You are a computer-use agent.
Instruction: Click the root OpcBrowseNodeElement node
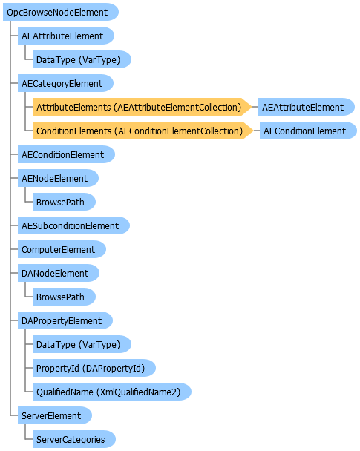[61, 12]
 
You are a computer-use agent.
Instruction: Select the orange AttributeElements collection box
[143, 107]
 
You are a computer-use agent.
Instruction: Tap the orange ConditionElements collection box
[143, 131]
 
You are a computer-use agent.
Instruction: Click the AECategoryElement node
[65, 83]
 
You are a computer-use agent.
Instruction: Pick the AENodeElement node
[58, 178]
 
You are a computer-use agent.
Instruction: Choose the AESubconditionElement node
[73, 225]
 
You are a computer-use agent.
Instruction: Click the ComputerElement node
[62, 249]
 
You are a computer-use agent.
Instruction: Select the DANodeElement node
[59, 273]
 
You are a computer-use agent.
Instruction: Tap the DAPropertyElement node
[65, 320]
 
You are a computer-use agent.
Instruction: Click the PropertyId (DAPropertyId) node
[94, 368]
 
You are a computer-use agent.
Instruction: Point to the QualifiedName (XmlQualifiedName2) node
[112, 392]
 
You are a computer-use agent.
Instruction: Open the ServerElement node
[55, 415]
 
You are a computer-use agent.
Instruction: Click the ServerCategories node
[74, 439]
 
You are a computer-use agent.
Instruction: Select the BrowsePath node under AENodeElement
[64, 202]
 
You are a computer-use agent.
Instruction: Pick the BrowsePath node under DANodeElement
[64, 297]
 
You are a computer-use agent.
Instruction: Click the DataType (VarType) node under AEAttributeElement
[82, 59]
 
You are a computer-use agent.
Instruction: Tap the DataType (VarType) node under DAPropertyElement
[82, 344]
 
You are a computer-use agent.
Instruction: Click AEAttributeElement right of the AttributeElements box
[307, 107]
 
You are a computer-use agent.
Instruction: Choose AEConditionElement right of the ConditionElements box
[308, 131]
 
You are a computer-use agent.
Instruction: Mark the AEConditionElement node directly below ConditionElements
[66, 154]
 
